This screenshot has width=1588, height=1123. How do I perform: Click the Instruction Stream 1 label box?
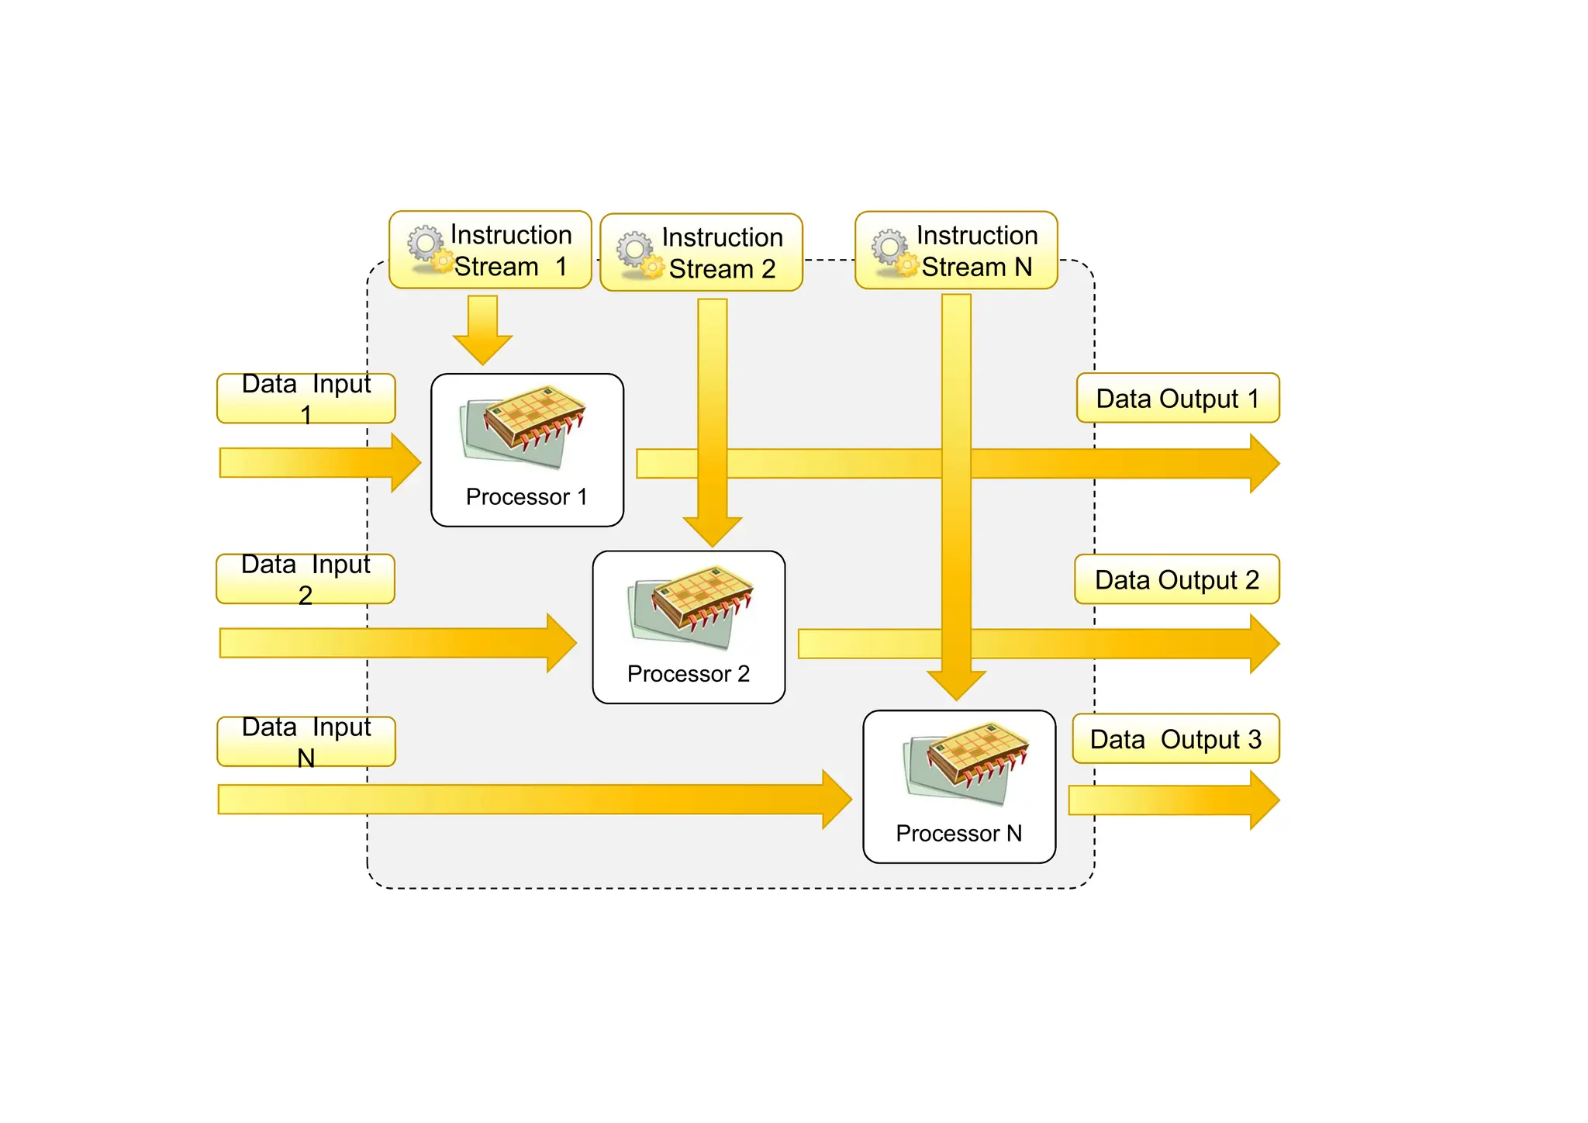(x=490, y=250)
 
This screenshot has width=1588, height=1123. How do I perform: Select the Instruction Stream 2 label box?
(x=701, y=253)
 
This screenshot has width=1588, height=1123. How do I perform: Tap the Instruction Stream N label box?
(x=955, y=251)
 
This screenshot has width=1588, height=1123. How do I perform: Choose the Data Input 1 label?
(x=306, y=398)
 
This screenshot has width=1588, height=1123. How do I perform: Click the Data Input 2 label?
(x=305, y=579)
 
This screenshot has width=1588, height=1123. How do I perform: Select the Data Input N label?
(x=306, y=741)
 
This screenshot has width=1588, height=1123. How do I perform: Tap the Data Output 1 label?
(x=1177, y=398)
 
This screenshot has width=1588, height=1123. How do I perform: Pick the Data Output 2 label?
(x=1176, y=579)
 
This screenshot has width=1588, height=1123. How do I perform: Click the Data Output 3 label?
(x=1175, y=739)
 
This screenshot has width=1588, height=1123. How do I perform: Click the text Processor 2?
(x=688, y=674)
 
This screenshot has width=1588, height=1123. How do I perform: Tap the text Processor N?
(x=958, y=834)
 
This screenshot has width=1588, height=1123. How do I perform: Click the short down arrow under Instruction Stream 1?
(x=482, y=330)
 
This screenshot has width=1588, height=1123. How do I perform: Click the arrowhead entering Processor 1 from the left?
(x=404, y=463)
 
